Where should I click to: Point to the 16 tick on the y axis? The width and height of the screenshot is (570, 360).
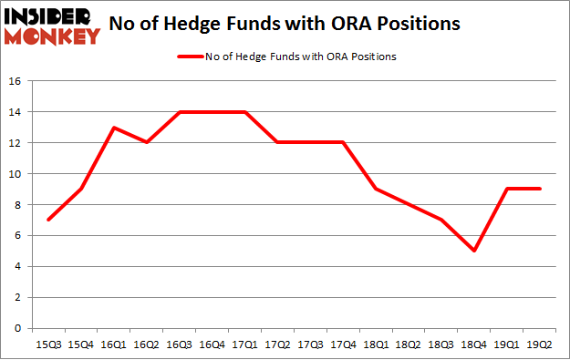pos(16,81)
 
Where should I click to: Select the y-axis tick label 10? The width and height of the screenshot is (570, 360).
pos(16,174)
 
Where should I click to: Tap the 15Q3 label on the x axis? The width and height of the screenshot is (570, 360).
pos(47,345)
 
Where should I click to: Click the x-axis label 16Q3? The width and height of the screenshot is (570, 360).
pos(180,345)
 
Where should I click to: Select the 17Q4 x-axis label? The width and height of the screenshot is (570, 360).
pos(344,345)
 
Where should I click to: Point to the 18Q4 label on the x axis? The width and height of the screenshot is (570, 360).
pos(475,345)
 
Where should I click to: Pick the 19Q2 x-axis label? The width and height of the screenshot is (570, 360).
pos(541,345)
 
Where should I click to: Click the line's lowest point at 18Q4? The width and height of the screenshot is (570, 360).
pos(475,251)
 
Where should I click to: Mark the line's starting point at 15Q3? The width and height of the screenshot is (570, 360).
pos(47,220)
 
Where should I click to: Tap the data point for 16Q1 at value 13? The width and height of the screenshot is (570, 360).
pos(113,127)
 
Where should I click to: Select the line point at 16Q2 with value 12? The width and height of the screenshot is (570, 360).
pos(146,142)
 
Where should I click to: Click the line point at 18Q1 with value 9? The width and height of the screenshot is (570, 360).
pos(377,189)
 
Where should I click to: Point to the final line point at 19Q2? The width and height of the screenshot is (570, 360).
pos(541,189)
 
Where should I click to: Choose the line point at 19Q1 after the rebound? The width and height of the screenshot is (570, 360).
pos(508,189)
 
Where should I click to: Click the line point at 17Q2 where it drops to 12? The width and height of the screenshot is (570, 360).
pos(278,142)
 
